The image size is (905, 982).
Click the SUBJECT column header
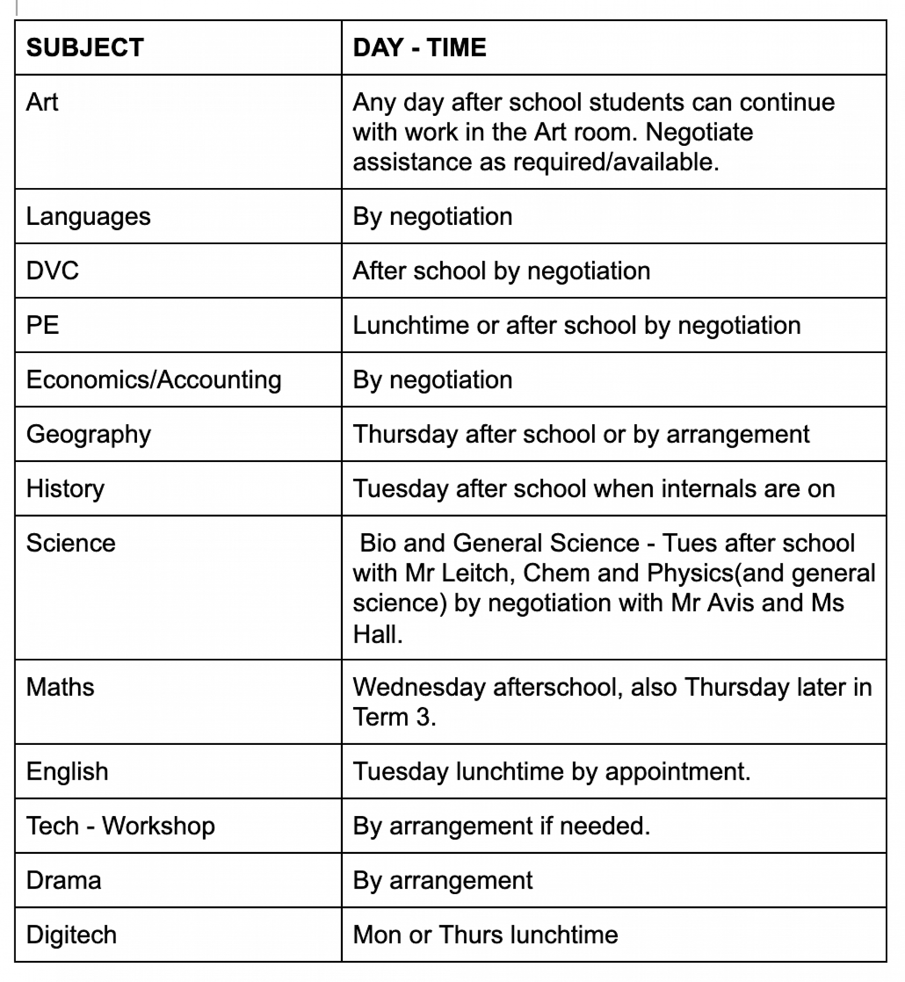[84, 48]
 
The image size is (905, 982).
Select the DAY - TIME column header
[419, 48]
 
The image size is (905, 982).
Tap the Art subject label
[42, 102]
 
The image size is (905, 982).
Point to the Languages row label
[88, 217]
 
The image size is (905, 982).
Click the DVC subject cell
[53, 271]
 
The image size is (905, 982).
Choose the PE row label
[43, 325]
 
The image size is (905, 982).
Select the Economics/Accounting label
[154, 380]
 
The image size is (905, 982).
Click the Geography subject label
[88, 435]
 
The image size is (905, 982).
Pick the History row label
[65, 489]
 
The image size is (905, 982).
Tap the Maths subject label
[60, 686]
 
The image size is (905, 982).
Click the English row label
[67, 771]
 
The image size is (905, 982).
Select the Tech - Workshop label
[120, 826]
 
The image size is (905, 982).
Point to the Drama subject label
[64, 880]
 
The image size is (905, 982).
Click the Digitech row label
[71, 934]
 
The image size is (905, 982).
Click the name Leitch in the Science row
[474, 573]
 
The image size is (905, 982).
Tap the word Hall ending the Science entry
[377, 634]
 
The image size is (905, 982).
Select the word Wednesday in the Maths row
[419, 686]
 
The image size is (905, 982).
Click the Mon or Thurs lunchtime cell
[485, 934]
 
